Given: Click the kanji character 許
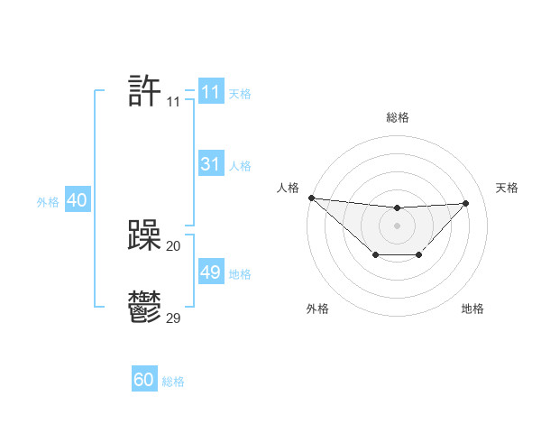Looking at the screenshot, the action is click(x=144, y=91).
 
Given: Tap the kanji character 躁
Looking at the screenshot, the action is click(x=144, y=236).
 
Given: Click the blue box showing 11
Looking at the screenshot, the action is click(x=210, y=92).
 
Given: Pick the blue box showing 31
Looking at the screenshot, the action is click(x=210, y=164).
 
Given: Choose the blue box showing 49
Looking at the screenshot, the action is click(x=210, y=272).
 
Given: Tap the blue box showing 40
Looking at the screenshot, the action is click(x=77, y=201).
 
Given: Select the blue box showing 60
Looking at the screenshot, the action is click(x=144, y=381).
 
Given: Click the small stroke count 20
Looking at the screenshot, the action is click(x=174, y=245).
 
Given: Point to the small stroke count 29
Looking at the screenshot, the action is click(x=174, y=318).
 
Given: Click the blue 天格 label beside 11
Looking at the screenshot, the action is click(x=240, y=93).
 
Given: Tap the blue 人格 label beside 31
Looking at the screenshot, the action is click(x=240, y=166).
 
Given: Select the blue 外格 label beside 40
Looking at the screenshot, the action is click(x=48, y=202).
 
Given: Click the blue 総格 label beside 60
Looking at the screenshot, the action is click(x=173, y=382).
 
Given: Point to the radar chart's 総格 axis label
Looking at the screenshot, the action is click(x=397, y=117).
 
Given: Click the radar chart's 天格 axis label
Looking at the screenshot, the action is click(x=507, y=188).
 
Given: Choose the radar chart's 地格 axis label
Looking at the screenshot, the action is click(x=472, y=309).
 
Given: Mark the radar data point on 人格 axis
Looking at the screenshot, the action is click(x=311, y=198).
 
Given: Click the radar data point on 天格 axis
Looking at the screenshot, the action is click(x=466, y=203).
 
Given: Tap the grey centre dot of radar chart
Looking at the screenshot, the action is click(x=397, y=225).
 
